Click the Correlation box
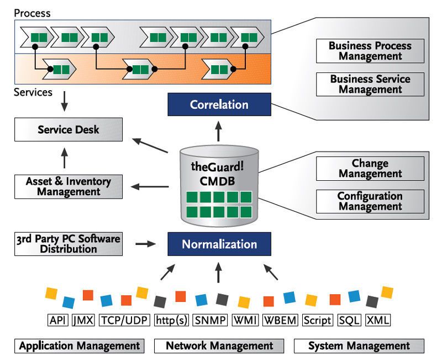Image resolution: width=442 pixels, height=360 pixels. [x=219, y=105]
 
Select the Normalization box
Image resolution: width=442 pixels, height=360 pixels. [x=219, y=244]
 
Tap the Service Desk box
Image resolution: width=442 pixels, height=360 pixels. [x=69, y=129]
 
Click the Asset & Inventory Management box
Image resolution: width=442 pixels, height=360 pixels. [x=69, y=186]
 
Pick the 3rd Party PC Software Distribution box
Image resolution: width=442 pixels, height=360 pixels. [x=69, y=243]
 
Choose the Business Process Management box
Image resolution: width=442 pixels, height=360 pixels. [x=370, y=51]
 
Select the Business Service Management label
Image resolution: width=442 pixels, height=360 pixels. [x=370, y=84]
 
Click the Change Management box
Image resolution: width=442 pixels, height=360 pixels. [x=370, y=169]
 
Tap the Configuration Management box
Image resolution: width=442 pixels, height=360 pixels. [x=370, y=201]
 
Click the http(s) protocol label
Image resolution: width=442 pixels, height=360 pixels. [x=171, y=320]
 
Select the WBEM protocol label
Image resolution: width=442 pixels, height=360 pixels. [x=280, y=320]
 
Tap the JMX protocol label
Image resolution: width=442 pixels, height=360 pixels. [x=83, y=320]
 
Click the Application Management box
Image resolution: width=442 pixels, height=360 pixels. [x=80, y=346]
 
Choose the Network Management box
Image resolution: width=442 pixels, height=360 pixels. [x=219, y=346]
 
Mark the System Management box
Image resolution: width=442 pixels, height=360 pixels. [x=359, y=346]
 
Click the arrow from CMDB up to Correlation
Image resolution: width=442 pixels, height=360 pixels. [x=219, y=132]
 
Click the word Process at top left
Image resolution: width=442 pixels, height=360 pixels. [x=32, y=13]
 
